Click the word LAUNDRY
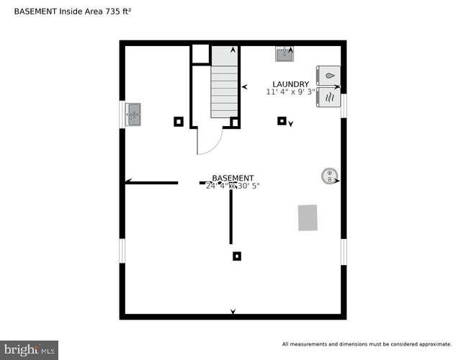tap(290, 84)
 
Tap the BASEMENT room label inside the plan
tap(233, 178)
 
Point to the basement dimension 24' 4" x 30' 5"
tap(233, 186)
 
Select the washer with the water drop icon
tap(328, 75)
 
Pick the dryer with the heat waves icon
tap(328, 96)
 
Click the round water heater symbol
tap(328, 175)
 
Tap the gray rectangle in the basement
tap(308, 217)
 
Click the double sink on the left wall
tap(133, 114)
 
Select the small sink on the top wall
tap(284, 53)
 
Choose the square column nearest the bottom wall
tap(237, 256)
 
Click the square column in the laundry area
tap(282, 121)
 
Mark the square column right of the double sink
tap(179, 121)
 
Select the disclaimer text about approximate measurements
tap(367, 343)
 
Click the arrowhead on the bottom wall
tap(233, 312)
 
